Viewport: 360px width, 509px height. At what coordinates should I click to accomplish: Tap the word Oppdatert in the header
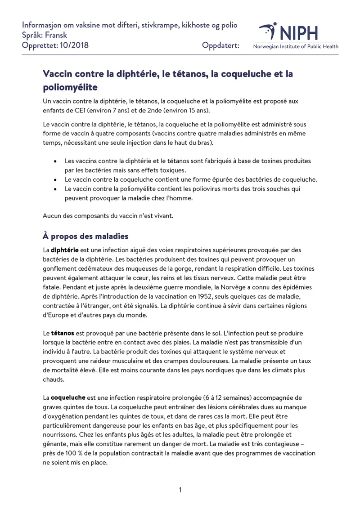coord(220,45)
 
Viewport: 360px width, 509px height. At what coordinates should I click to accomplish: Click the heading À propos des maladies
coord(85,236)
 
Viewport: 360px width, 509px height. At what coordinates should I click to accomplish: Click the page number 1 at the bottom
coord(180,490)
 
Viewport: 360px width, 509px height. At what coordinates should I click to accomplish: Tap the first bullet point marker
coord(55,161)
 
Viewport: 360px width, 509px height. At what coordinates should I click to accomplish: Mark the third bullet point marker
coord(55,189)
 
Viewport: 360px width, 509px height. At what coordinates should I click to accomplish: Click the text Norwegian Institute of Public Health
coord(296,46)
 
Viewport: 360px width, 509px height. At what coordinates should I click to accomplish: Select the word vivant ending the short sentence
coord(162,216)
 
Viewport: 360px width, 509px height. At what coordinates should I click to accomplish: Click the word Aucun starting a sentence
coord(52,216)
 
